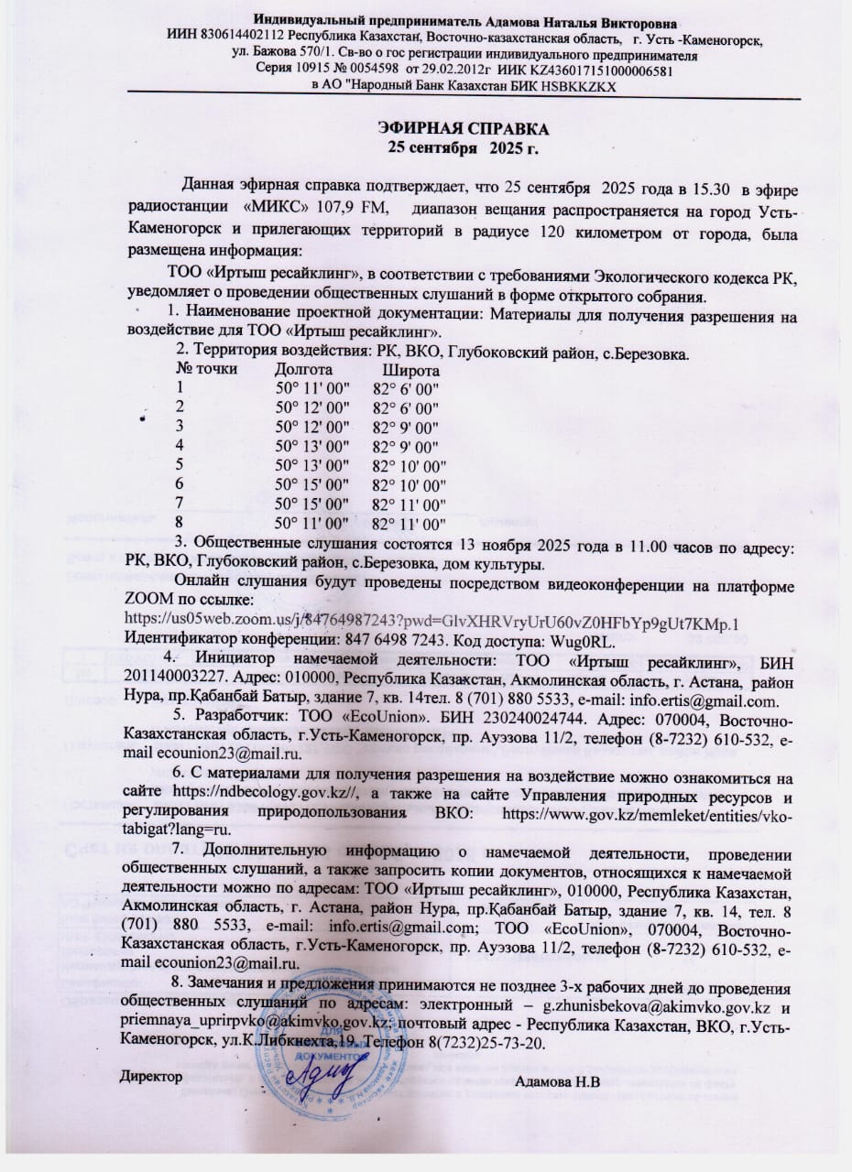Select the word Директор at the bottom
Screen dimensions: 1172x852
[x=151, y=1077]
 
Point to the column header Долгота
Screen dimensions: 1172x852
[x=303, y=371]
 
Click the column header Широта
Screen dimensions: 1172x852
[x=410, y=371]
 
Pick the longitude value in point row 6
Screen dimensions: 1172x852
[x=313, y=484]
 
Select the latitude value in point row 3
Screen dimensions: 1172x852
[x=406, y=428]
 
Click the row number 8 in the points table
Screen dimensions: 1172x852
[x=180, y=523]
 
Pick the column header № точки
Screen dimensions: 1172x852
[x=206, y=371]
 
